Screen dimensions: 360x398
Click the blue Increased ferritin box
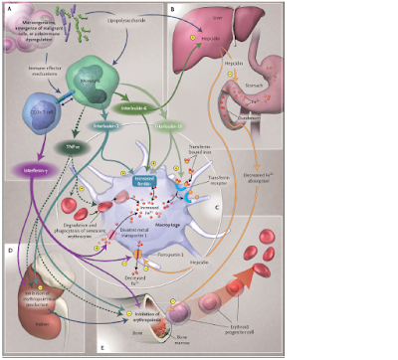coord(139,177)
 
